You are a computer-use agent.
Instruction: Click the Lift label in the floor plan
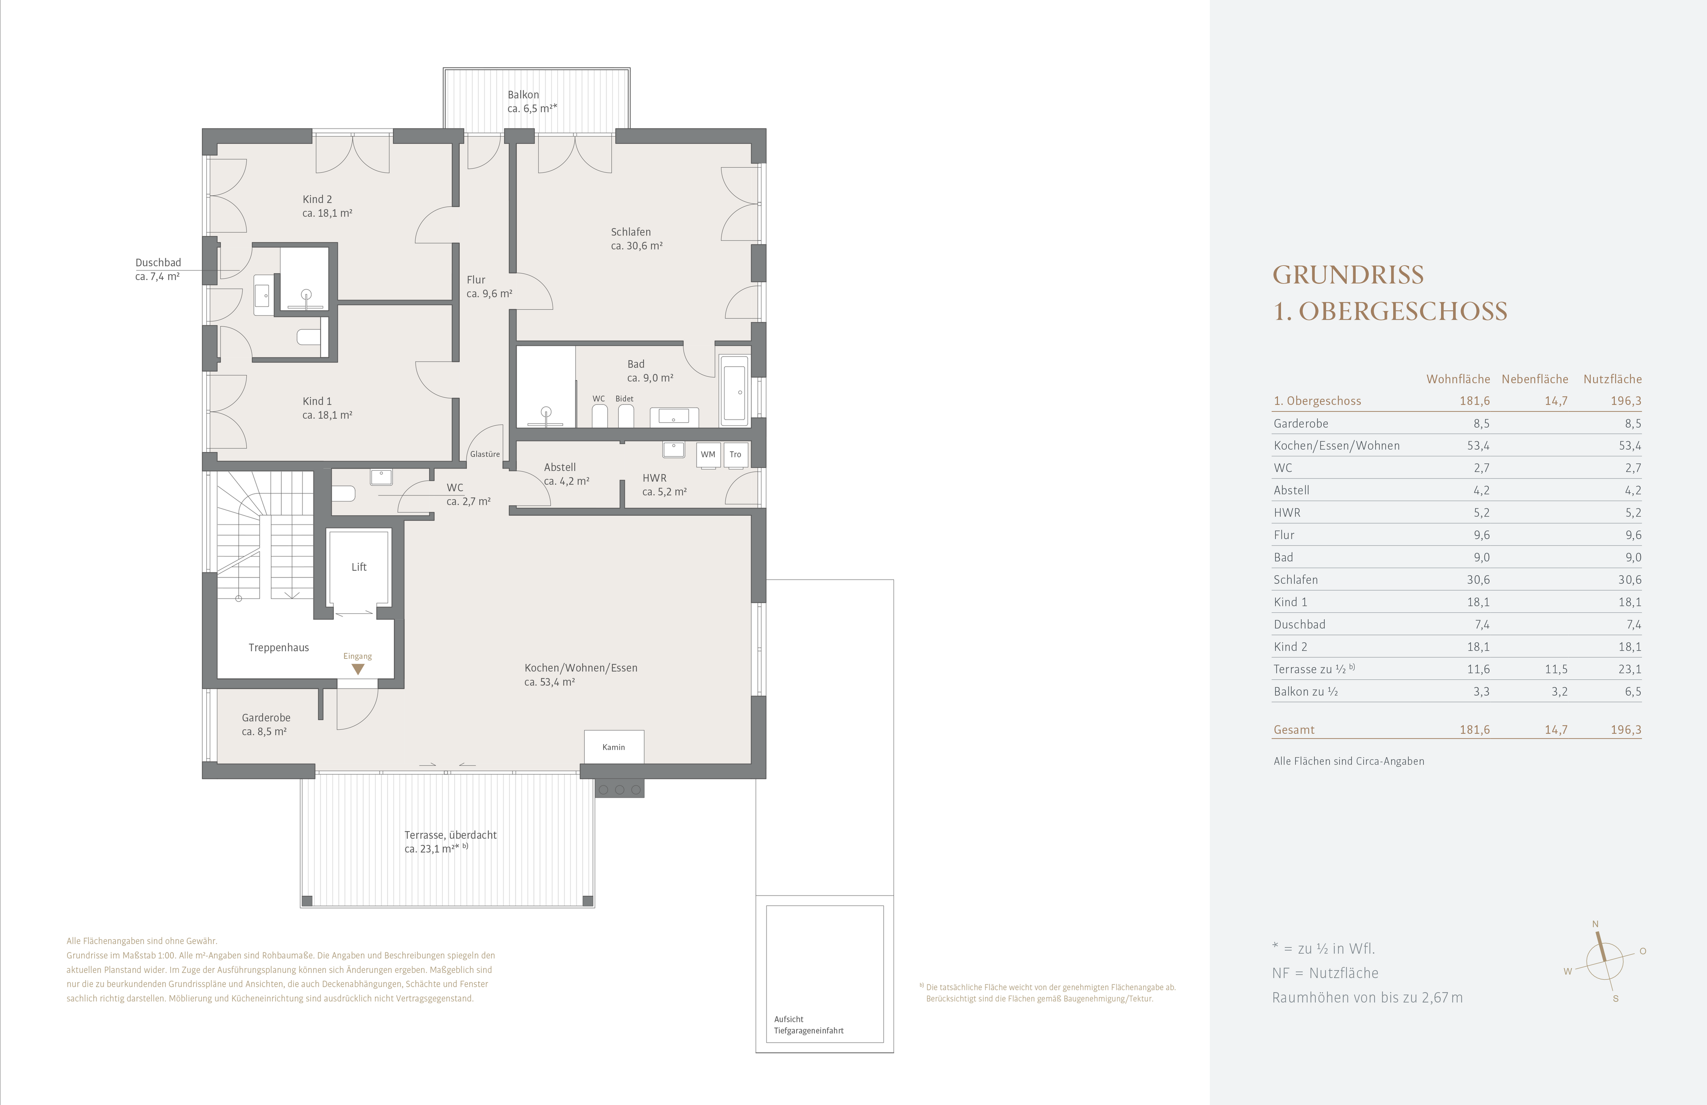coord(359,567)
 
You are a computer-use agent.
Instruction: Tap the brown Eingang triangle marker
coord(357,669)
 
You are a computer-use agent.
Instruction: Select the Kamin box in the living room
coord(614,746)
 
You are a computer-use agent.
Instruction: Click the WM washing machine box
coord(708,455)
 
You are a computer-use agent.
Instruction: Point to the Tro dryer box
coord(735,455)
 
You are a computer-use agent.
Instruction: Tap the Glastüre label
coord(485,454)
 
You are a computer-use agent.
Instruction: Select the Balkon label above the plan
coord(524,95)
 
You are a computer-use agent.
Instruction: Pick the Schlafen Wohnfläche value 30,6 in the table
coord(1478,579)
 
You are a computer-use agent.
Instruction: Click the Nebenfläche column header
coord(1535,379)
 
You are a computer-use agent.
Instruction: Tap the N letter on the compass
coord(1596,924)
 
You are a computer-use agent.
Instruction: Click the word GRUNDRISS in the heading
coord(1348,275)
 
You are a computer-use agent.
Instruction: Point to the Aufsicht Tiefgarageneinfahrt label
coord(808,1025)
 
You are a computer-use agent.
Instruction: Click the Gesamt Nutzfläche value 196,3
coord(1626,730)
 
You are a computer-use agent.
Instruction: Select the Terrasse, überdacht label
coord(450,835)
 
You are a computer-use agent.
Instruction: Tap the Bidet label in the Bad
coord(624,399)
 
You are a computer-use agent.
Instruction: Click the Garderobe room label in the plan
coord(266,718)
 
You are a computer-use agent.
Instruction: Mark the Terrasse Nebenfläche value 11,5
coord(1556,669)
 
